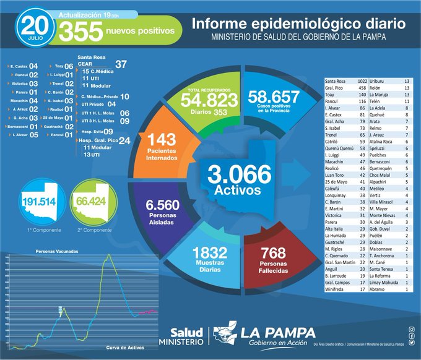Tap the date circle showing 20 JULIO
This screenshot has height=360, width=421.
[x=35, y=27]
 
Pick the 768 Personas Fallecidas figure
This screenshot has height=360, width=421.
[x=273, y=252]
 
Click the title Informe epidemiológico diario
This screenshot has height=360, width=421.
[x=298, y=24]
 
